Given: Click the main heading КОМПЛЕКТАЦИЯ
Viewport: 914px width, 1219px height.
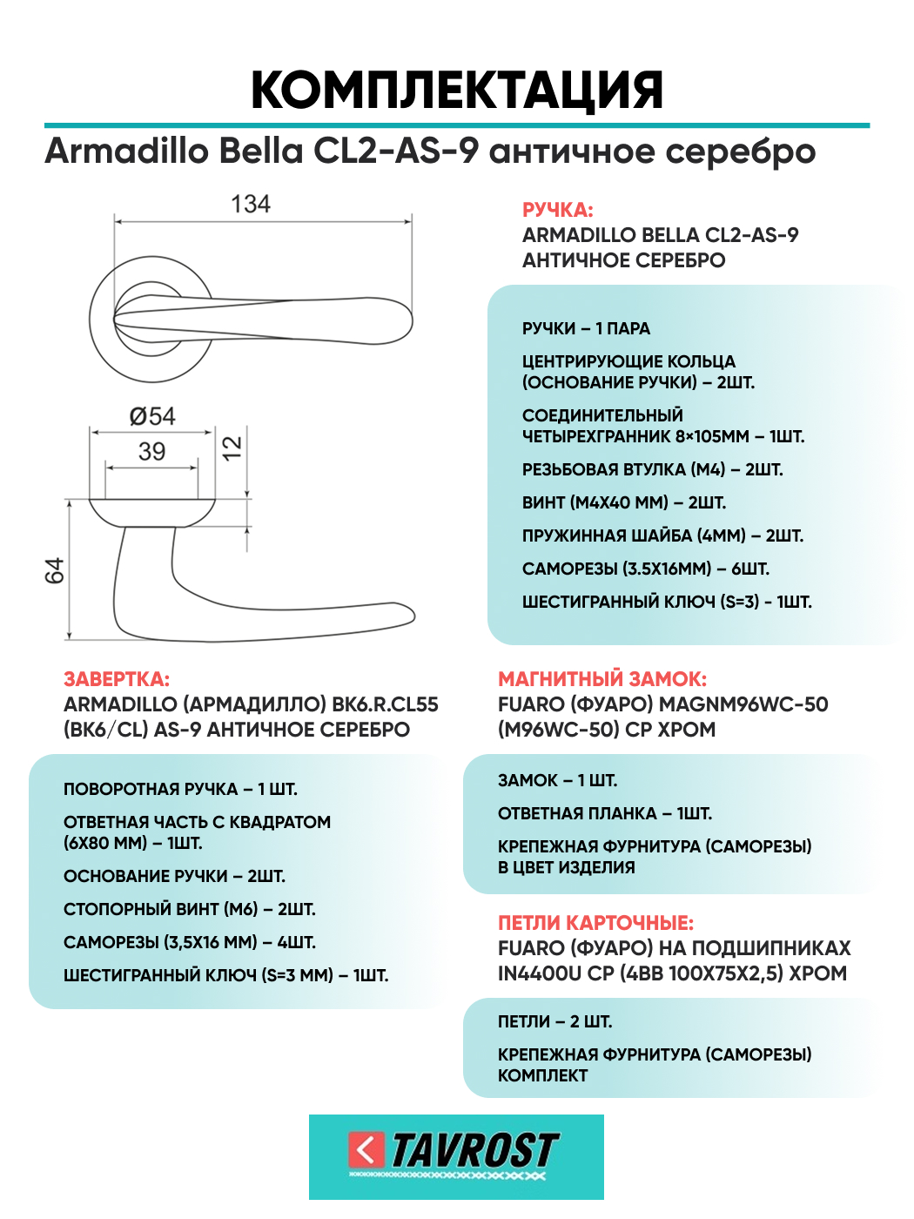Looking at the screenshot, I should (x=457, y=90).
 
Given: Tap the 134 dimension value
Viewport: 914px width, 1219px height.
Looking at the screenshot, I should (x=251, y=205).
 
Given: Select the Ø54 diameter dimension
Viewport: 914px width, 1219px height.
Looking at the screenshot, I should (x=152, y=416).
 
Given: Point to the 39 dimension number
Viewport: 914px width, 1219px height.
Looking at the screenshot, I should (x=151, y=451).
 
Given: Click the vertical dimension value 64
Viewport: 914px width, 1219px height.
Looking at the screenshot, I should (x=55, y=570).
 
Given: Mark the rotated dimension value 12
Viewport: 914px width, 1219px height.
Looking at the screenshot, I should (x=232, y=448).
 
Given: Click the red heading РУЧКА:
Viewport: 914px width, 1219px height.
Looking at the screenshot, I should (x=557, y=210).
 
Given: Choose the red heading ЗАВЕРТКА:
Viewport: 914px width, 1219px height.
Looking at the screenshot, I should (x=117, y=679).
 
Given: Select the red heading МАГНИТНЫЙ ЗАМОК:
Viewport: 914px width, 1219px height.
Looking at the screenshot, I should (x=602, y=679).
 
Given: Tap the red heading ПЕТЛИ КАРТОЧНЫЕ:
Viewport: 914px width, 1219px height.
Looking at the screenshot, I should (x=595, y=923).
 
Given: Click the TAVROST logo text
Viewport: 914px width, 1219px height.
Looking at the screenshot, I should (x=474, y=1150).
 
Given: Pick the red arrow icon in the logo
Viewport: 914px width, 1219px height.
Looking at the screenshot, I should (x=366, y=1150).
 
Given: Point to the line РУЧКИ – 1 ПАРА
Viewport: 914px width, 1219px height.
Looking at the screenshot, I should (x=586, y=328).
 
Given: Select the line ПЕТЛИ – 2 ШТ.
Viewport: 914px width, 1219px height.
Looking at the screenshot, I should (x=554, y=1021).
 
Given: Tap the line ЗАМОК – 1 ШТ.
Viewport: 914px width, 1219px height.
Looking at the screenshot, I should (x=557, y=780).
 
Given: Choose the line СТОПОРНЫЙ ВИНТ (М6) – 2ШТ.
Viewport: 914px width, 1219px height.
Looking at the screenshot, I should (x=189, y=909).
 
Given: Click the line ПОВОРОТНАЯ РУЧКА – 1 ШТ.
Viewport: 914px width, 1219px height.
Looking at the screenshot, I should (x=180, y=789).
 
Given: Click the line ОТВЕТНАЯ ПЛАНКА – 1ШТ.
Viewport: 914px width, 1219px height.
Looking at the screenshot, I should (x=604, y=813).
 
